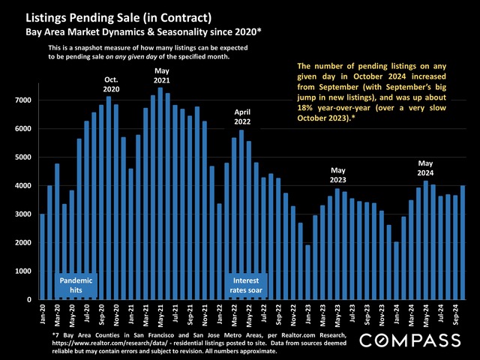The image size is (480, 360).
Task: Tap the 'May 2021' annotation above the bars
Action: click(x=161, y=74)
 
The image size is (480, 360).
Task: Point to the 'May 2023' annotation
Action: click(x=339, y=175)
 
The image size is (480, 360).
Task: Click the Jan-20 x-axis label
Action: click(x=43, y=314)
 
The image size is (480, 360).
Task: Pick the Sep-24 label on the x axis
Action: click(x=454, y=314)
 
